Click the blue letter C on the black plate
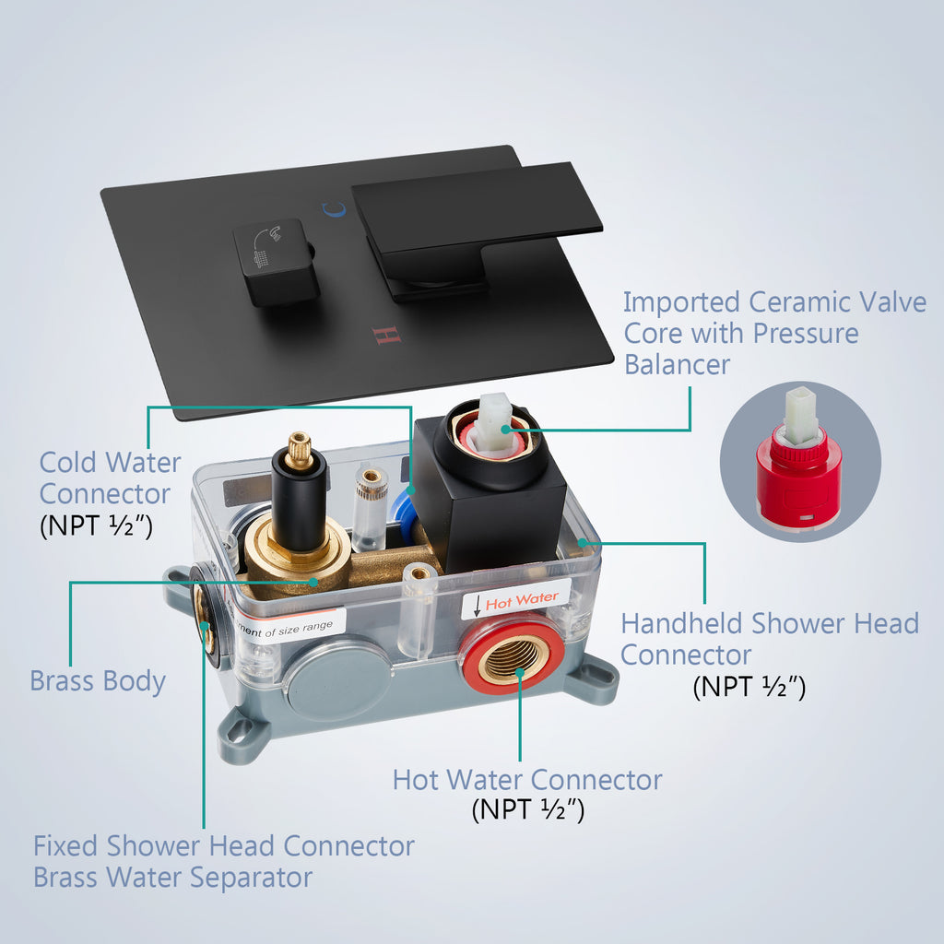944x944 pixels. (x=334, y=210)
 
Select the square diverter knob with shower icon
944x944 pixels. (x=276, y=262)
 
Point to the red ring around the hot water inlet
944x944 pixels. (x=513, y=655)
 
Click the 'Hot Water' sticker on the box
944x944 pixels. (x=515, y=600)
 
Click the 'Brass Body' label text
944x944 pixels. (x=98, y=682)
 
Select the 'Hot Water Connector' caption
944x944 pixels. (x=527, y=780)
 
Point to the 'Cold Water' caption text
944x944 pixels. (x=111, y=463)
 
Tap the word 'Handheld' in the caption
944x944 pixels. (x=681, y=623)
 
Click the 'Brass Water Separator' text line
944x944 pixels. (x=172, y=878)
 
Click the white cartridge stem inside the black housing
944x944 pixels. (x=494, y=425)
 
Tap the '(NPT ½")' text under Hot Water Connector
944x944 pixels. (x=528, y=809)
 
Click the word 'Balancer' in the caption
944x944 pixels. (x=677, y=364)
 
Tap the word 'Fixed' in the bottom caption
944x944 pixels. (x=65, y=846)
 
